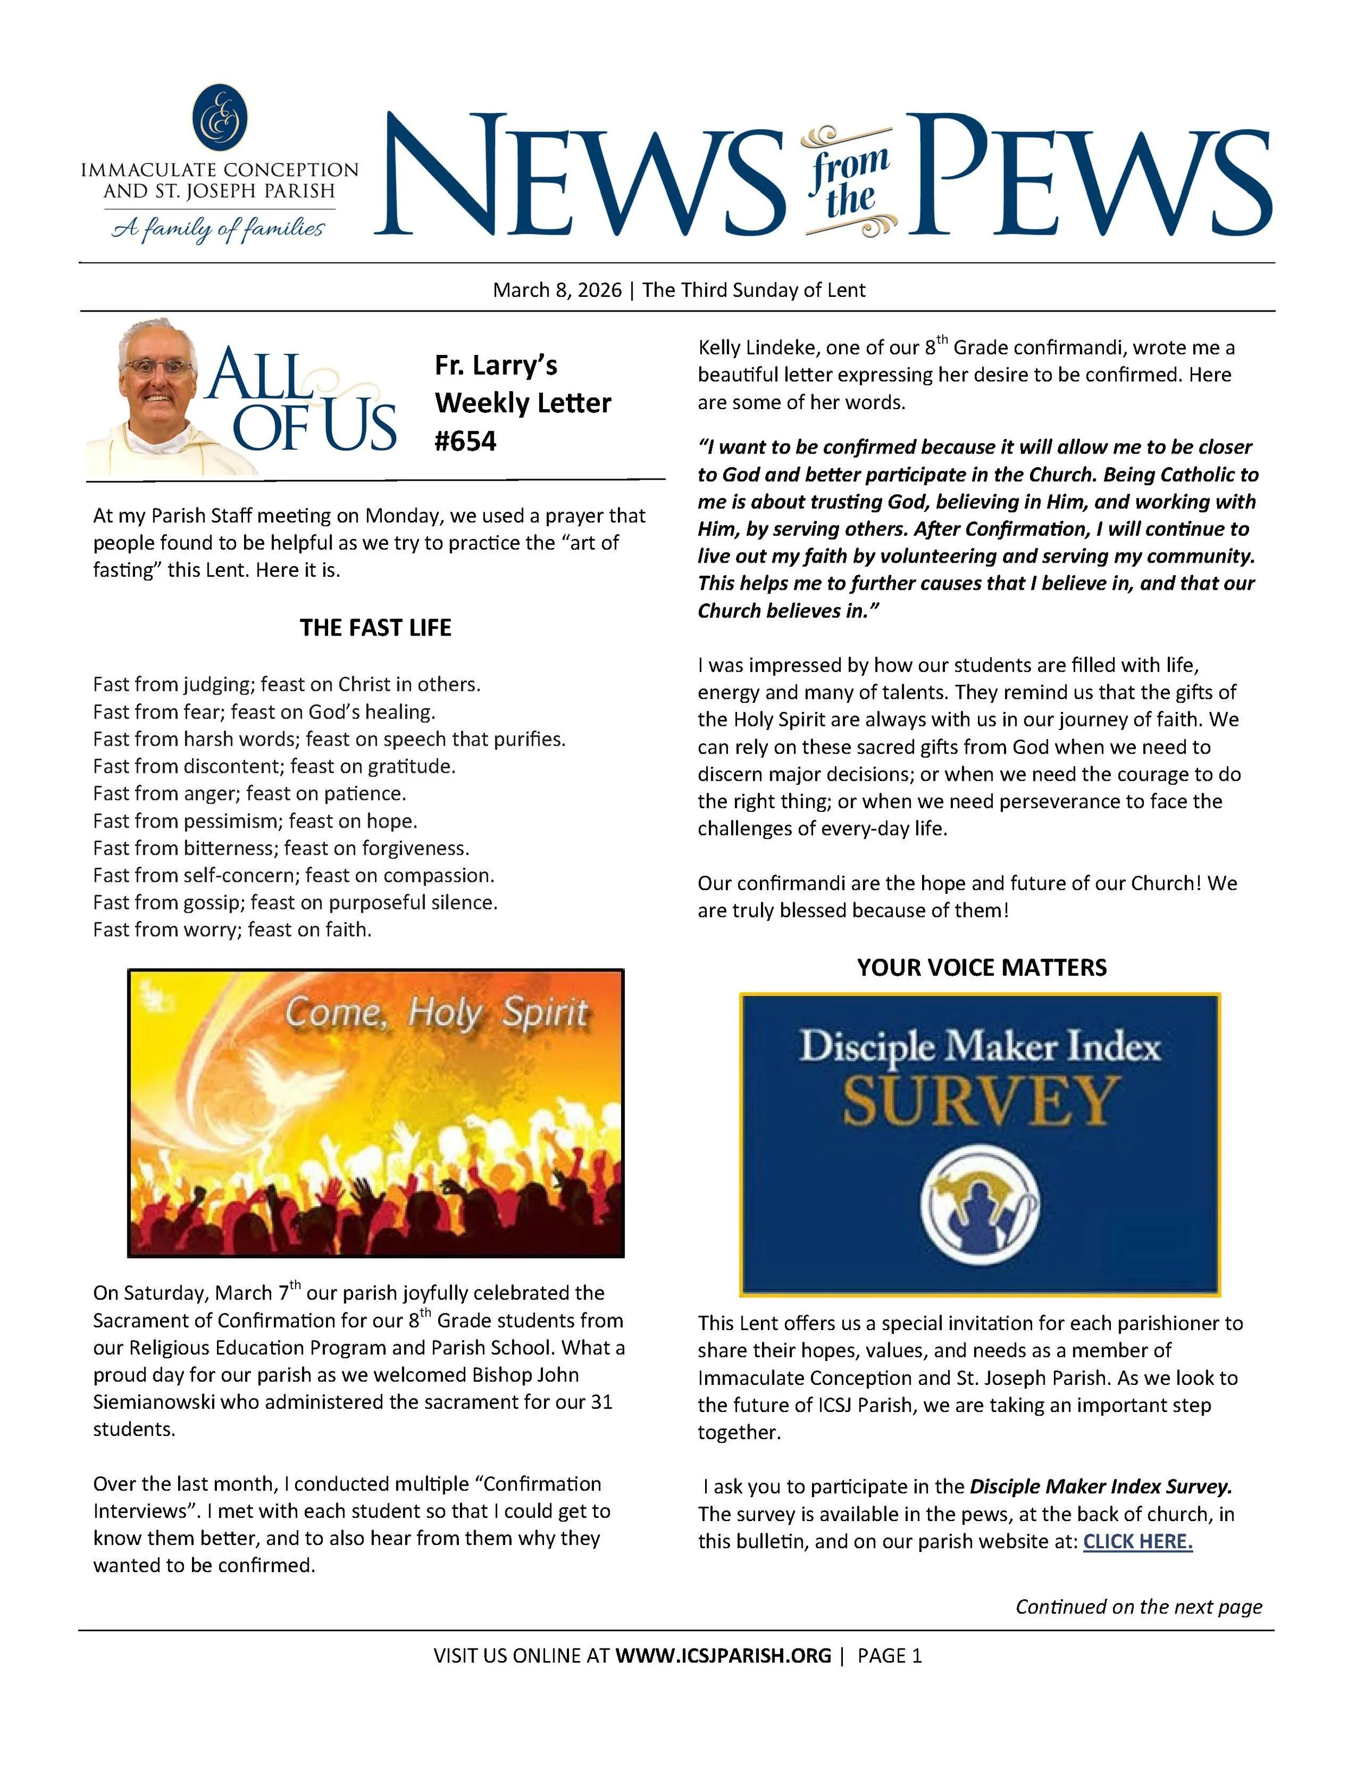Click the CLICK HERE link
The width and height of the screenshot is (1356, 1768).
coord(1137,1541)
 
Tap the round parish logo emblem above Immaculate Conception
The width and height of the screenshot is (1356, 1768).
coord(220,118)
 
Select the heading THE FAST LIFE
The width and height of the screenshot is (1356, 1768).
coord(375,628)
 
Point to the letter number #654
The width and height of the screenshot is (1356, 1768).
coord(465,441)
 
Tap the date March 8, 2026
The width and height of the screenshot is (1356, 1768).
coord(557,290)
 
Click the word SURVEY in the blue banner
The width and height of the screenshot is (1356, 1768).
coord(981,1101)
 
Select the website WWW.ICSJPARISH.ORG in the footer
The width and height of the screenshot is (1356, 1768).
coord(722,1655)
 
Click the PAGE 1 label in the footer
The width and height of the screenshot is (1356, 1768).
coord(890,1655)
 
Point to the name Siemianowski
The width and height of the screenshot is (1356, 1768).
coord(153,1402)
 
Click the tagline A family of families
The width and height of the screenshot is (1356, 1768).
coord(218,230)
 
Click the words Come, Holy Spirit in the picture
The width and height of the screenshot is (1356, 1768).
coord(437,1013)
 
